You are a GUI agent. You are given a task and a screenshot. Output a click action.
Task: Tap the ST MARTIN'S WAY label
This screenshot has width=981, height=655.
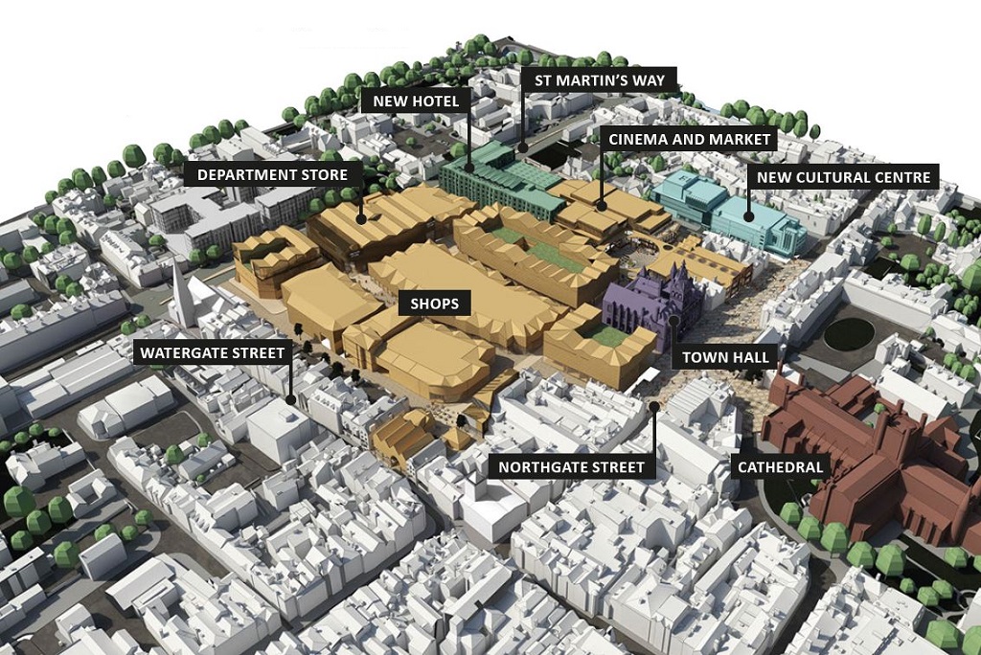[599, 79]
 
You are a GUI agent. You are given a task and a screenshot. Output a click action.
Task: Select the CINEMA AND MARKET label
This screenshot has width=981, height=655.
[690, 140]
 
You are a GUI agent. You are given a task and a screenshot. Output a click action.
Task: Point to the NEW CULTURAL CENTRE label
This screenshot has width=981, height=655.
[843, 177]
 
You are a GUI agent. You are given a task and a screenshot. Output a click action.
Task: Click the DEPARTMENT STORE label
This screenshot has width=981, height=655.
[273, 175]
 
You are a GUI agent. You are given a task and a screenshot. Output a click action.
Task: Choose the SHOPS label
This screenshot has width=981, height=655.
[434, 305]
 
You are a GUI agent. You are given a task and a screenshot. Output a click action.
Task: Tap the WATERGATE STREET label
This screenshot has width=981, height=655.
[213, 353]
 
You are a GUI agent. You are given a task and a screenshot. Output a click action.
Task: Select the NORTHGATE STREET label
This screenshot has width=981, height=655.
[571, 468]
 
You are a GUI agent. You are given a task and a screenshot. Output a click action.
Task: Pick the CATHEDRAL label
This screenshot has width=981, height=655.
[778, 467]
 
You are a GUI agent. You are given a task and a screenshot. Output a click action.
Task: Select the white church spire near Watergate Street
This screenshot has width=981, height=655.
[181, 292]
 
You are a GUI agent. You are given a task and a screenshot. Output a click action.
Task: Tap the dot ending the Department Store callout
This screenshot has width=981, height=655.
[361, 219]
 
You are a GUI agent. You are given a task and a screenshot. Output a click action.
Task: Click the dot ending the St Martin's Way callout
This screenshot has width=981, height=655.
[523, 148]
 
